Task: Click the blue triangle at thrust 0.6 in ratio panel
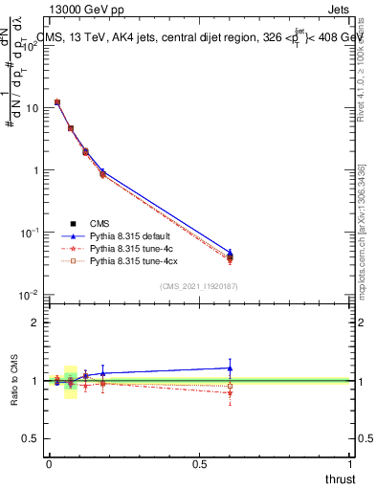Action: click(230, 367)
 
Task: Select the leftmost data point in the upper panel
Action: click(57, 102)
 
